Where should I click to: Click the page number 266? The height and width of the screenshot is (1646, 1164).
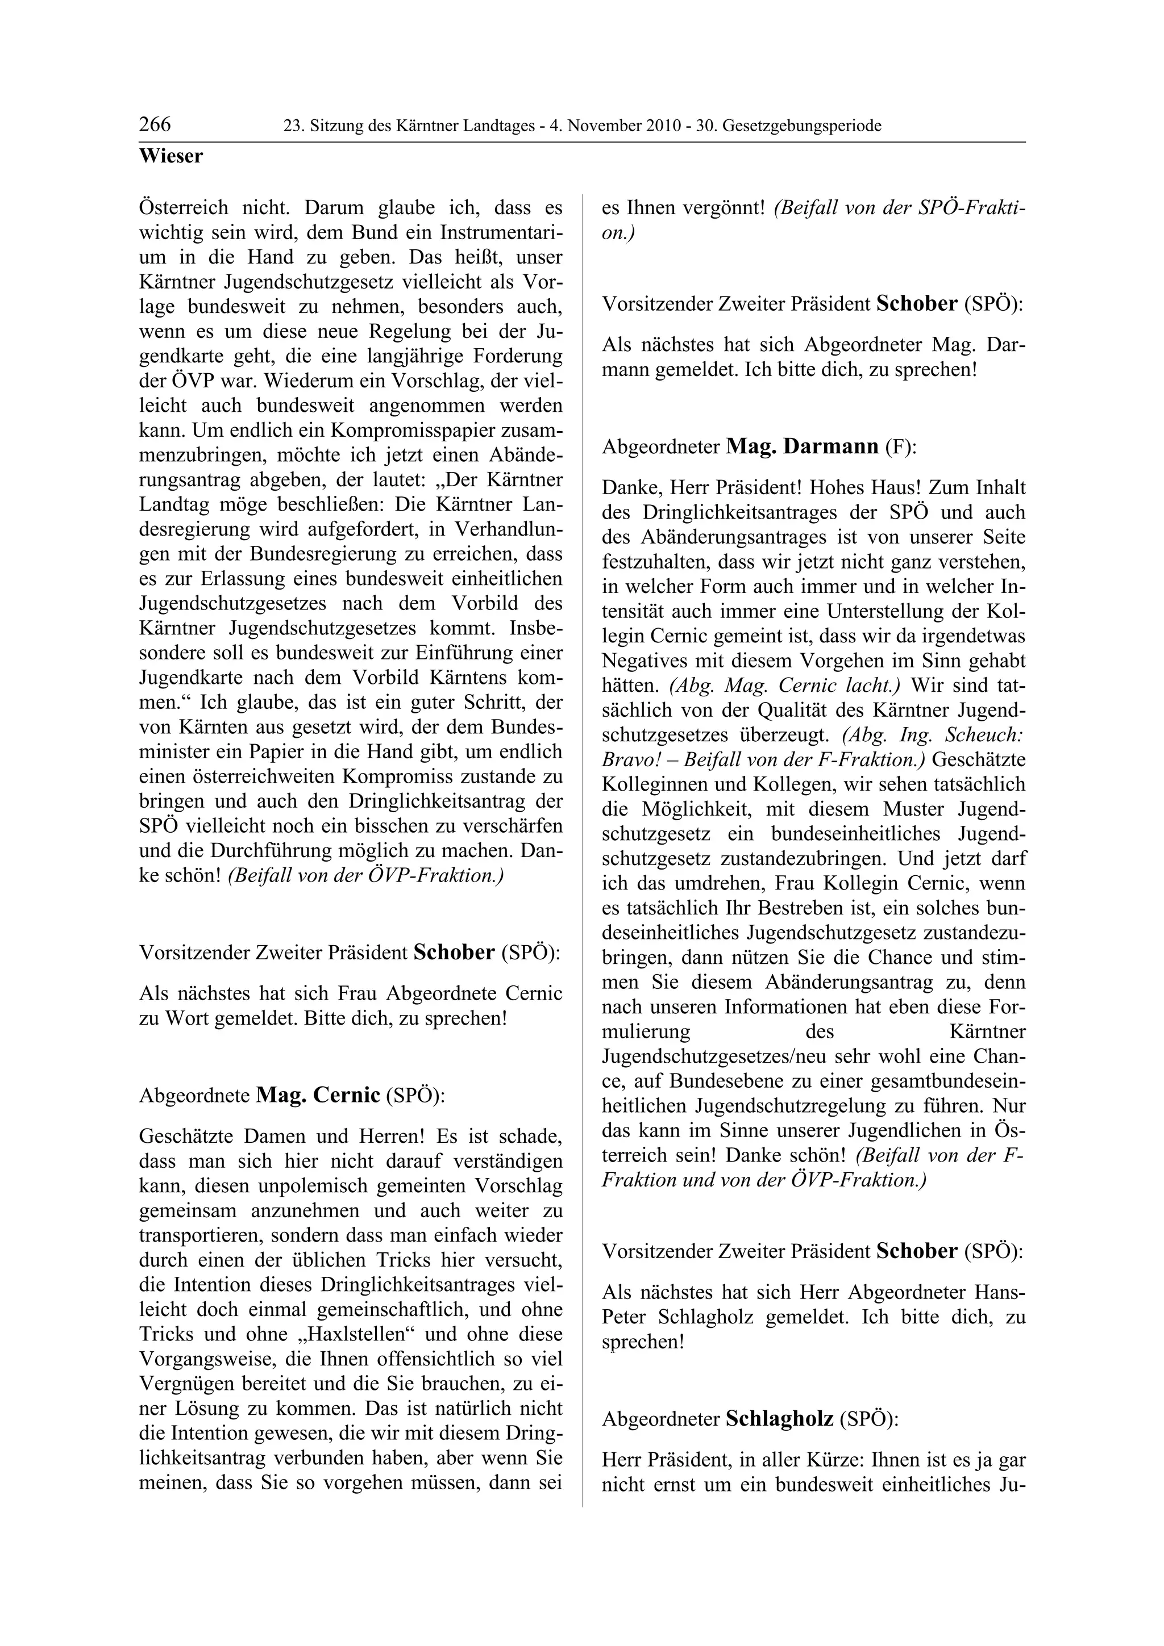(155, 125)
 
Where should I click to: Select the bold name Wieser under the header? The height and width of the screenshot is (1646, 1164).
(171, 156)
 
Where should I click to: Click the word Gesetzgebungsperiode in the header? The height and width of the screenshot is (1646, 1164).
(802, 126)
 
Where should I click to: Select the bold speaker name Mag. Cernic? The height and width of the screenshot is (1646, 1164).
(318, 1096)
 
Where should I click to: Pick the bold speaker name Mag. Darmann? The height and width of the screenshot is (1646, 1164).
(802, 446)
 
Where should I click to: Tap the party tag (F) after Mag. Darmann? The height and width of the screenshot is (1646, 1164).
(901, 448)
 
